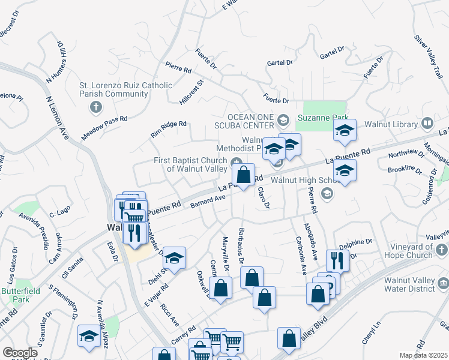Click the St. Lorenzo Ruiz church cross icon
point(94,107)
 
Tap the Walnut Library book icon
point(427,124)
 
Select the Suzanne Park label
point(325,118)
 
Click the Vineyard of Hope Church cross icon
point(442,247)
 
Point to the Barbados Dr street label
point(241,245)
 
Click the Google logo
point(19,353)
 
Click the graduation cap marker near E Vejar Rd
point(174,258)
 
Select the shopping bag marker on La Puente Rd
point(244,175)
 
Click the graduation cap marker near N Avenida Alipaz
point(89,336)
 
